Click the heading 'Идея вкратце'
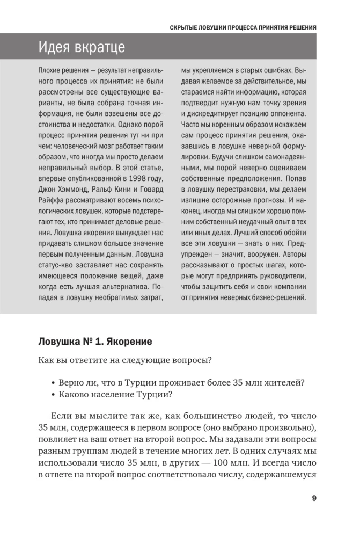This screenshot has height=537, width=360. tap(82, 47)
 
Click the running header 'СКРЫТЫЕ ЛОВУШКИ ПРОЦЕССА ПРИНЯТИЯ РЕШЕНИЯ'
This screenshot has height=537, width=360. tap(243, 27)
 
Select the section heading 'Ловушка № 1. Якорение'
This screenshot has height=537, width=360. tap(95, 342)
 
